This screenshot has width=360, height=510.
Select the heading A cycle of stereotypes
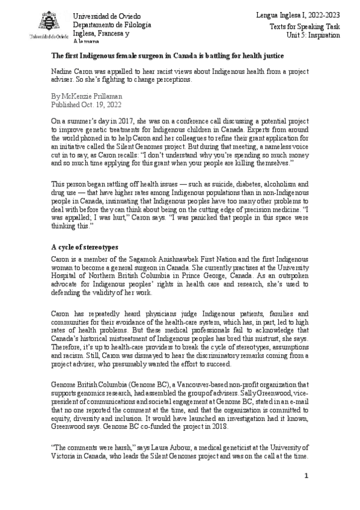[x=84, y=247]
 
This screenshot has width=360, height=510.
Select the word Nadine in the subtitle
[x=63, y=71]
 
